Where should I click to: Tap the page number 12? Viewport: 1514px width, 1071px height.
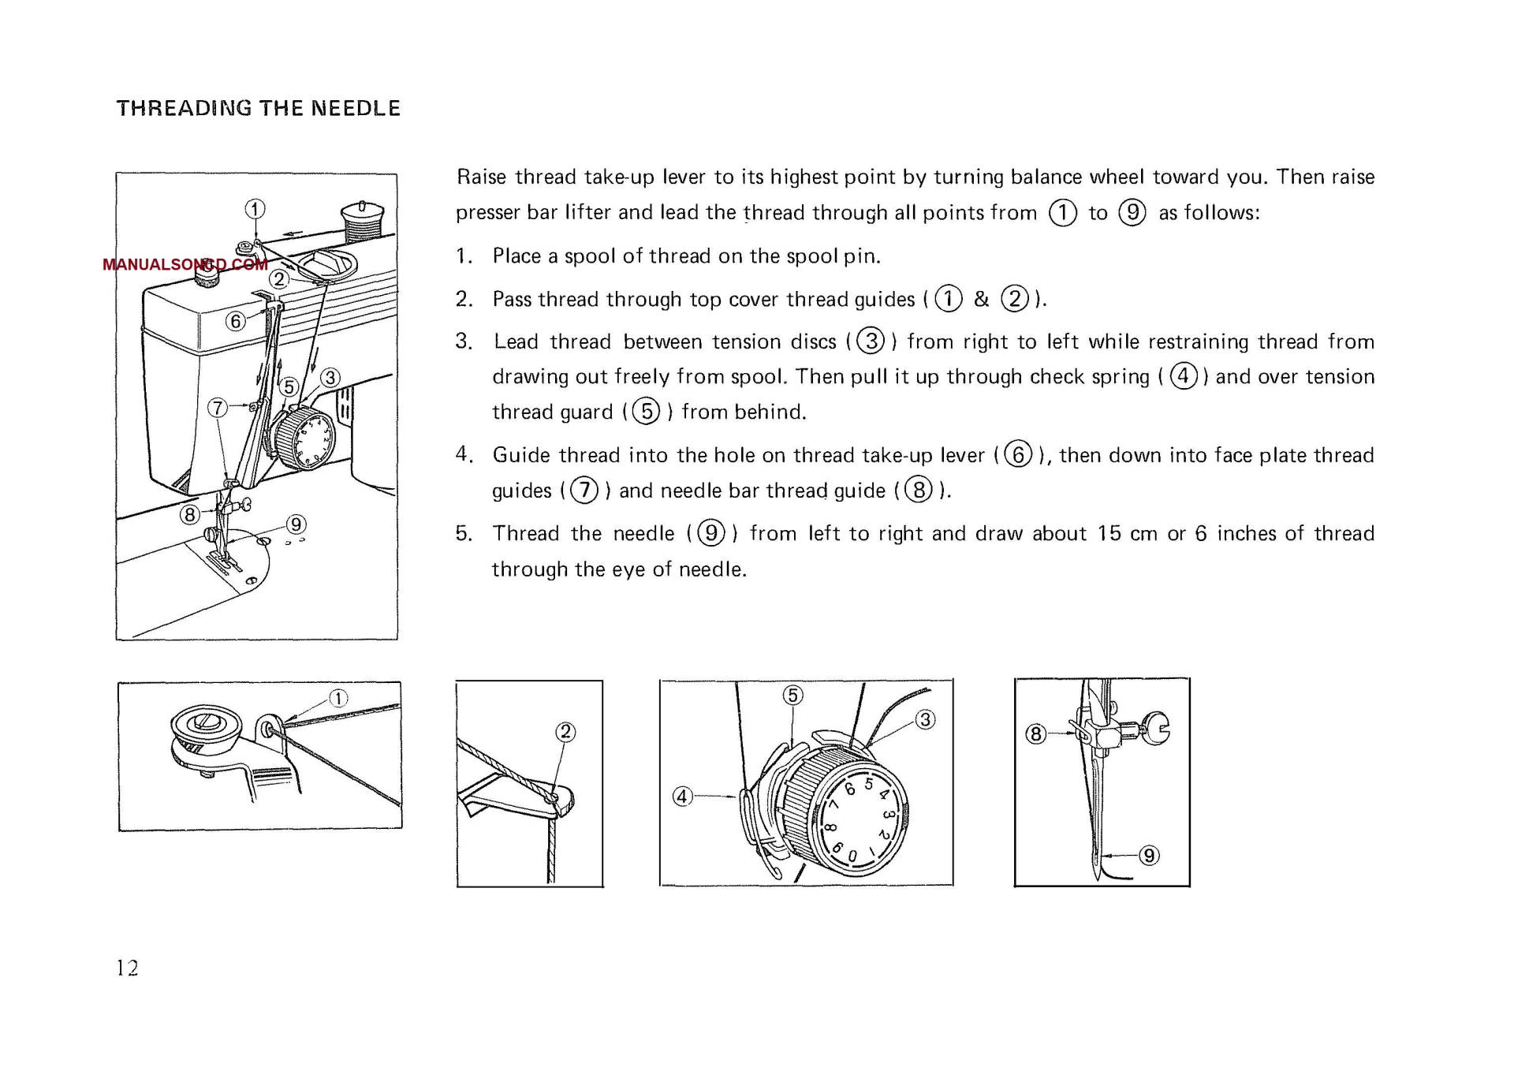tap(128, 968)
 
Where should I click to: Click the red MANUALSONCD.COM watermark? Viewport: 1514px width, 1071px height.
tap(185, 264)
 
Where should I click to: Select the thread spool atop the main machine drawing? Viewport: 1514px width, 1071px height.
tap(362, 222)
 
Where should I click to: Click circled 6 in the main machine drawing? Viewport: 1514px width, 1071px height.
tap(235, 321)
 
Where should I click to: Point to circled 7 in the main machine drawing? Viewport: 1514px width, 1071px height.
tap(218, 408)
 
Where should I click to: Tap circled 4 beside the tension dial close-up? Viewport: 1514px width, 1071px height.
tap(682, 797)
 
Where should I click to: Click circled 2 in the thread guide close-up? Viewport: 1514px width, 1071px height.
tap(565, 732)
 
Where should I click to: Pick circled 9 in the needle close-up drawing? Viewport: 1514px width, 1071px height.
tap(1149, 856)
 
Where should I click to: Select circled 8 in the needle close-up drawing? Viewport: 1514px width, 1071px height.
tap(1035, 734)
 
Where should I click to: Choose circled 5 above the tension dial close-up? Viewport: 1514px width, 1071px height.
tap(792, 695)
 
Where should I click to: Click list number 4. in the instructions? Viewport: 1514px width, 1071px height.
tap(464, 454)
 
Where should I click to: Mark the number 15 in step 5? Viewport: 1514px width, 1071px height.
tap(1109, 534)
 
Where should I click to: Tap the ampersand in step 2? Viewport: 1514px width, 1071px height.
tap(981, 299)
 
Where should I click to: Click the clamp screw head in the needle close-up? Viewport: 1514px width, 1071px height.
tap(1157, 729)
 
